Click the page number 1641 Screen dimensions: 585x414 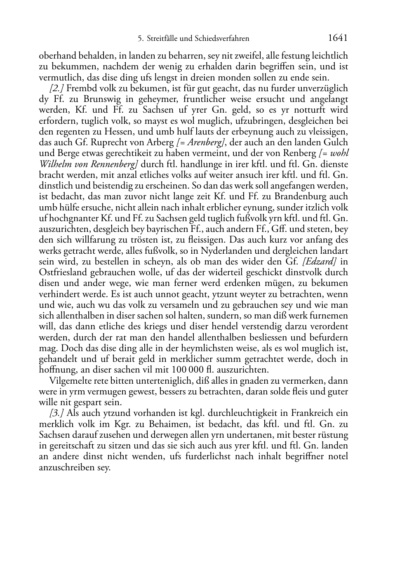point(338,38)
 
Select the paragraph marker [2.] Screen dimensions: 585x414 point(56,88)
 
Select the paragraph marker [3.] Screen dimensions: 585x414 point(56,413)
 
